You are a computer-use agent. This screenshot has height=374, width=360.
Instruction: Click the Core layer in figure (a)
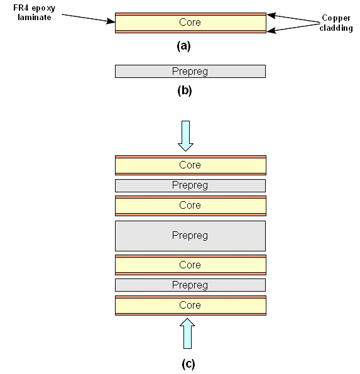[190, 23]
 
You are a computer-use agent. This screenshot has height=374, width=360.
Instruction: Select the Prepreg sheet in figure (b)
[190, 72]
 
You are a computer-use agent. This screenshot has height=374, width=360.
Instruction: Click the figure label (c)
[186, 363]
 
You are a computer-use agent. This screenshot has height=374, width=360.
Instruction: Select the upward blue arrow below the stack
[186, 333]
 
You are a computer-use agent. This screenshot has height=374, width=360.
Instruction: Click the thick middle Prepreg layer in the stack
[190, 236]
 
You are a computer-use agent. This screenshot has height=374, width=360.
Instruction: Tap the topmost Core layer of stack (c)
[190, 165]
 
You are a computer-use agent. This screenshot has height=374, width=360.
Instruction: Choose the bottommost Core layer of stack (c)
[190, 305]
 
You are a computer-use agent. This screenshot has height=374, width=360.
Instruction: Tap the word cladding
[337, 28]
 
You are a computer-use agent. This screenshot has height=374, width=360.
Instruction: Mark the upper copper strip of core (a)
[190, 13]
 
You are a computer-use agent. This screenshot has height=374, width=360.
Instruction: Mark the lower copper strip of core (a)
[190, 31]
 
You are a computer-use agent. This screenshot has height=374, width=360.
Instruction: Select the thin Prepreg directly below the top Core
[190, 185]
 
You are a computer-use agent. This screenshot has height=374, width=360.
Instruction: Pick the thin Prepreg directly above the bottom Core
[190, 285]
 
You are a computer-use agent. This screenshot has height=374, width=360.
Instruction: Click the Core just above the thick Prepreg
[190, 206]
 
